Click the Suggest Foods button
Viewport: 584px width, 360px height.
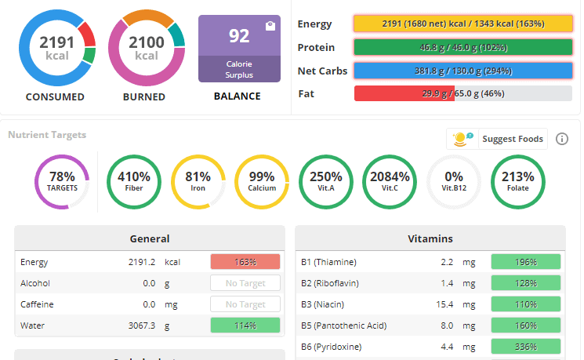[x=497, y=139]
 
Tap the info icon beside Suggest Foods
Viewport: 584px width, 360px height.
[x=562, y=139]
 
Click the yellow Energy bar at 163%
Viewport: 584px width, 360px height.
[x=463, y=24]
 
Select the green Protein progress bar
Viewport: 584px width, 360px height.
[x=463, y=47]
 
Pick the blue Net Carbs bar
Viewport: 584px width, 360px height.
[x=463, y=71]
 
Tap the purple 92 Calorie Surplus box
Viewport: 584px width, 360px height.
[x=239, y=49]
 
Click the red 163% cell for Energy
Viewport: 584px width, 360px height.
[x=245, y=262]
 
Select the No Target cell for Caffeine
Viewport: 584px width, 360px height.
[x=245, y=304]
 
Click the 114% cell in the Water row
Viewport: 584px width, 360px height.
[x=245, y=325]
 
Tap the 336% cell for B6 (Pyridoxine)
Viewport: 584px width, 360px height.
[x=525, y=347]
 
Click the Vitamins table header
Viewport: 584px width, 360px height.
[x=430, y=238]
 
